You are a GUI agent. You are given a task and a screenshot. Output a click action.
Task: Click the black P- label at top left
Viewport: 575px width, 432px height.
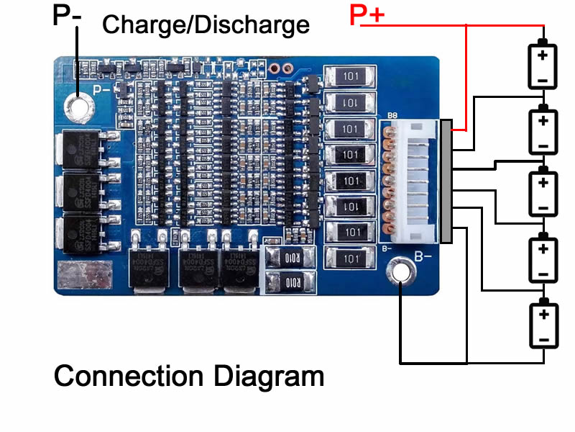click(x=67, y=16)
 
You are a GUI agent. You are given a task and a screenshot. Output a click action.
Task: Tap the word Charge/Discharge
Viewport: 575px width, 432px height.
click(x=206, y=25)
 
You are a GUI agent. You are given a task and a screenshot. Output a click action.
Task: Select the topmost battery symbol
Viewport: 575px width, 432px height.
click(x=543, y=65)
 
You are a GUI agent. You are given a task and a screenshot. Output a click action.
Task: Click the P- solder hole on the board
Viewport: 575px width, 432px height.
click(x=78, y=108)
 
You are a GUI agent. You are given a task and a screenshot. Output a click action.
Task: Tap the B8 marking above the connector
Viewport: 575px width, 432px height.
click(x=392, y=114)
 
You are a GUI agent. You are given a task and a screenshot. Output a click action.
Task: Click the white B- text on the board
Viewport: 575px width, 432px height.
click(x=423, y=256)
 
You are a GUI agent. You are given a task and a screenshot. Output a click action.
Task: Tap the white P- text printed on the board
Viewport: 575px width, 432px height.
click(x=101, y=90)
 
